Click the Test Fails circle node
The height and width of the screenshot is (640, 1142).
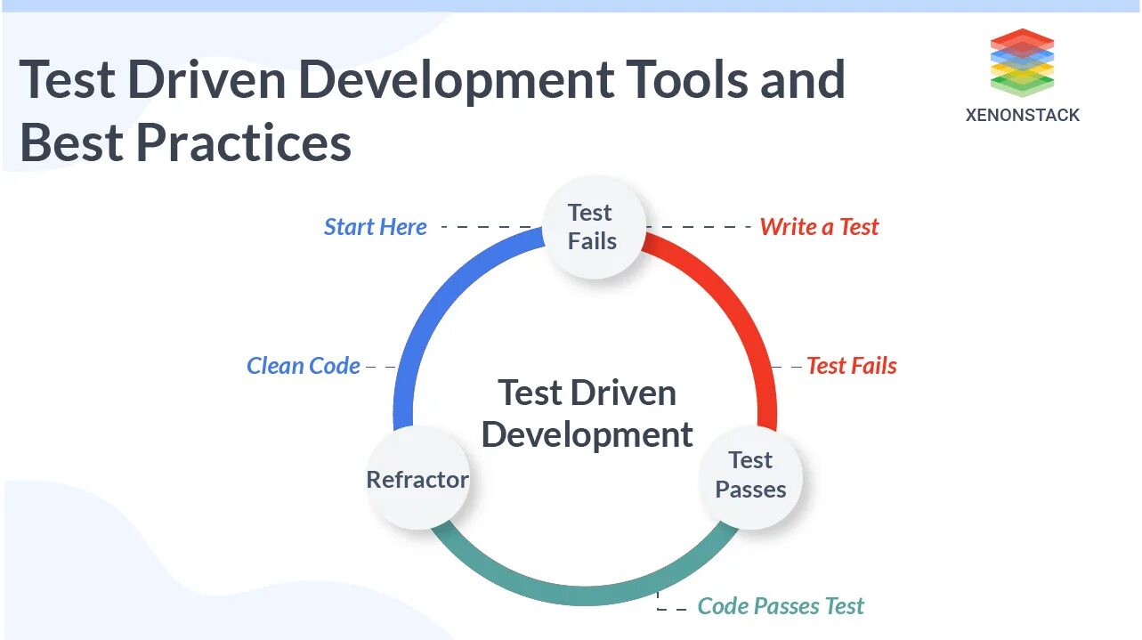coord(592,226)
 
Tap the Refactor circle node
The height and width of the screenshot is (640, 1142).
coord(417,480)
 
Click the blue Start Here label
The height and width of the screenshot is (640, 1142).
coord(375,227)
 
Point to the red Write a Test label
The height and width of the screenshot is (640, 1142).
coord(819,227)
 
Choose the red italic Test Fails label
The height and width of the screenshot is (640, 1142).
coord(851,366)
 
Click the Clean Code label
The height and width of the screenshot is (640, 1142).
coord(303,366)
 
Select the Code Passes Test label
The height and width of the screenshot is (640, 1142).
coord(780,606)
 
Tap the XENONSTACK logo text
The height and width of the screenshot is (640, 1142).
coord(1022,115)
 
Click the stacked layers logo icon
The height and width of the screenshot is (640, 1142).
coord(1022,62)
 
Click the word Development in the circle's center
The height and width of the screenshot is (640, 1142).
coord(587,435)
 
